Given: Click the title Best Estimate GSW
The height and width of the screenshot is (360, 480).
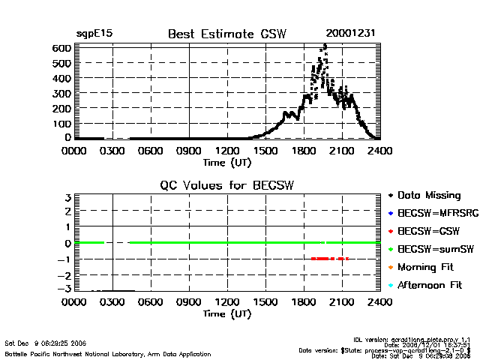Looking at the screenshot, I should (x=226, y=33).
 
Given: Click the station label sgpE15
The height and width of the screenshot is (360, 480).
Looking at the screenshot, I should (x=94, y=34).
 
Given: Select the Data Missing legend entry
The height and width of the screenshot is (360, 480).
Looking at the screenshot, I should (x=428, y=195).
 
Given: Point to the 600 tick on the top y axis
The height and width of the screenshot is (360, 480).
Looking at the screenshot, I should (x=61, y=48).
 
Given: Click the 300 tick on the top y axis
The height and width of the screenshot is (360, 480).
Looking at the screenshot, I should (x=61, y=93).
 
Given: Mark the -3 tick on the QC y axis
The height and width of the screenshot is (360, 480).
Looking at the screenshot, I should (x=65, y=289).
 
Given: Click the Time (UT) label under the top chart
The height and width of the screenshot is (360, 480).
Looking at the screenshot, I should (x=226, y=161).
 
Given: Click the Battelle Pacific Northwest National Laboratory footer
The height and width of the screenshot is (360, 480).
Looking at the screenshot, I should (x=108, y=353).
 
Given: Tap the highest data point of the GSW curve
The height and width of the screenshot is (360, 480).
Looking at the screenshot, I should (x=325, y=45).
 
